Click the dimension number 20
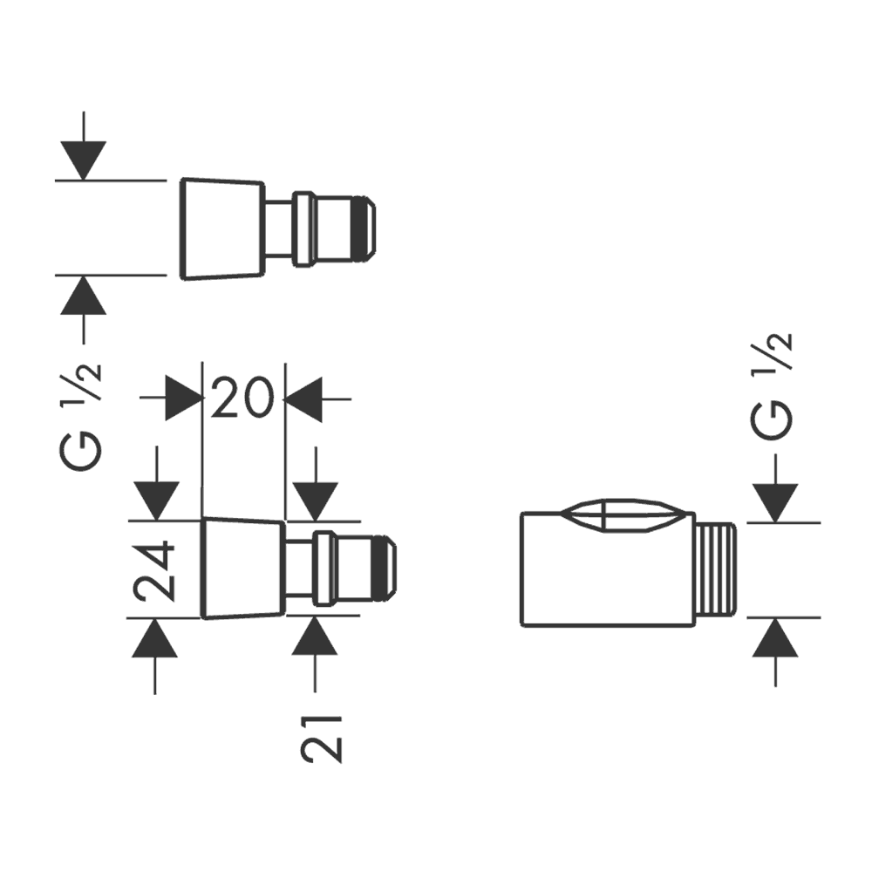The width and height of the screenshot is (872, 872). [243, 399]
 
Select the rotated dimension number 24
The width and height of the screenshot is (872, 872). [156, 571]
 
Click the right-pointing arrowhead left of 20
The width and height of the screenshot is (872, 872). [184, 399]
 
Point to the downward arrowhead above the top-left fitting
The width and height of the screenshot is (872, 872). [84, 160]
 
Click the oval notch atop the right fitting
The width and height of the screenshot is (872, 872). [627, 516]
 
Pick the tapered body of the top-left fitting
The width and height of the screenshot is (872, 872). [222, 231]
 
